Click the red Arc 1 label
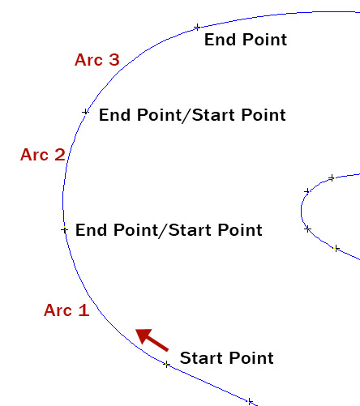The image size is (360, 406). (66, 310)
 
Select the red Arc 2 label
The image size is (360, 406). (43, 155)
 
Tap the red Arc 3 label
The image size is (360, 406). (97, 60)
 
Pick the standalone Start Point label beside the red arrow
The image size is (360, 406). (227, 358)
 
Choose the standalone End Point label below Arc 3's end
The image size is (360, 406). (246, 40)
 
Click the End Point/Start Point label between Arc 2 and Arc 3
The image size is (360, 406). (192, 115)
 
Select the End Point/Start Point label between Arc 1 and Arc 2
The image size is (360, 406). (169, 230)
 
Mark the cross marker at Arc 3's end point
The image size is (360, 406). (197, 27)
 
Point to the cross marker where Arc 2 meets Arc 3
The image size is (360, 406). (85, 112)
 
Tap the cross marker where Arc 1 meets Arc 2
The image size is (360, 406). (64, 230)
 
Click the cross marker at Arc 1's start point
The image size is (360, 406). (167, 365)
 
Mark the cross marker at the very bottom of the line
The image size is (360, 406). (250, 401)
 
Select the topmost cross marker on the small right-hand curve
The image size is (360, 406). (332, 177)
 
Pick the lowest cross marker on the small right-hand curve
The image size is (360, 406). (336, 248)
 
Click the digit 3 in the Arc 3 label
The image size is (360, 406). (114, 60)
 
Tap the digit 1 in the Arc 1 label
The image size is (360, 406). (84, 310)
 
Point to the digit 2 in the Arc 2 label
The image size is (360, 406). (60, 155)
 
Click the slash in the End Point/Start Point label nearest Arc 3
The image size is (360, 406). (187, 116)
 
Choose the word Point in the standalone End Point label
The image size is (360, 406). (264, 40)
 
